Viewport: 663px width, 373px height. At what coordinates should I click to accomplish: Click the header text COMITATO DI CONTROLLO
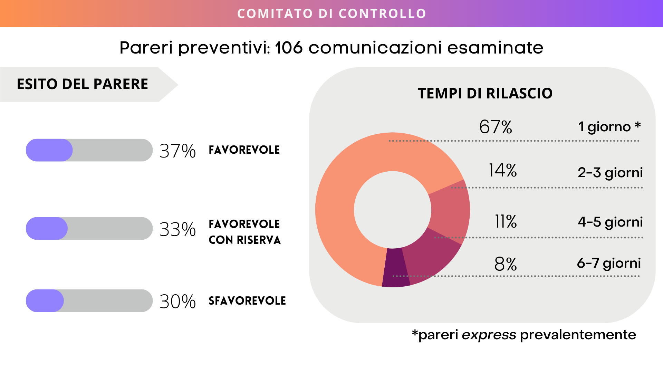tap(331, 13)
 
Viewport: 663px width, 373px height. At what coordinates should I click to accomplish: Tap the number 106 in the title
tap(289, 48)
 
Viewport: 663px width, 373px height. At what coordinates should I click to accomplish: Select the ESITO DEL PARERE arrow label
tap(83, 84)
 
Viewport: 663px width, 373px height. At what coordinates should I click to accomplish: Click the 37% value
tap(177, 151)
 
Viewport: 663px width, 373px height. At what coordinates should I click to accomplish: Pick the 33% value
tap(177, 229)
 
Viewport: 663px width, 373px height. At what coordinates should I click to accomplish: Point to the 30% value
tap(177, 302)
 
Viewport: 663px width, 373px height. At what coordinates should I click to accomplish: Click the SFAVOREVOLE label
tap(247, 301)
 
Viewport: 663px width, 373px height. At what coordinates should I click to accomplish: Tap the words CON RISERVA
tap(244, 240)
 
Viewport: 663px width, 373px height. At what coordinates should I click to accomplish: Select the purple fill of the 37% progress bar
tap(49, 150)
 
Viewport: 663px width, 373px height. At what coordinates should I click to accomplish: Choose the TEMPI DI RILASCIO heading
tap(485, 93)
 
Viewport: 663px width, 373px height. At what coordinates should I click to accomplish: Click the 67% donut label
tap(496, 127)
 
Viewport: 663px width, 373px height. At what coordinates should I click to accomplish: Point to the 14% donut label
tap(502, 170)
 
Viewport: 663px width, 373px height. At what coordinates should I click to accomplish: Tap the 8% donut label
tap(505, 264)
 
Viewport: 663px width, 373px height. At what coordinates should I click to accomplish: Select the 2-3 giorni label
tap(610, 172)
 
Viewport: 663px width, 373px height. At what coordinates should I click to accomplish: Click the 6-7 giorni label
tap(608, 263)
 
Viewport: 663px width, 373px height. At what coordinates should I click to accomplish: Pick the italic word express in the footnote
tap(489, 335)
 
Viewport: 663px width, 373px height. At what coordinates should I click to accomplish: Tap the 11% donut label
tap(506, 221)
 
